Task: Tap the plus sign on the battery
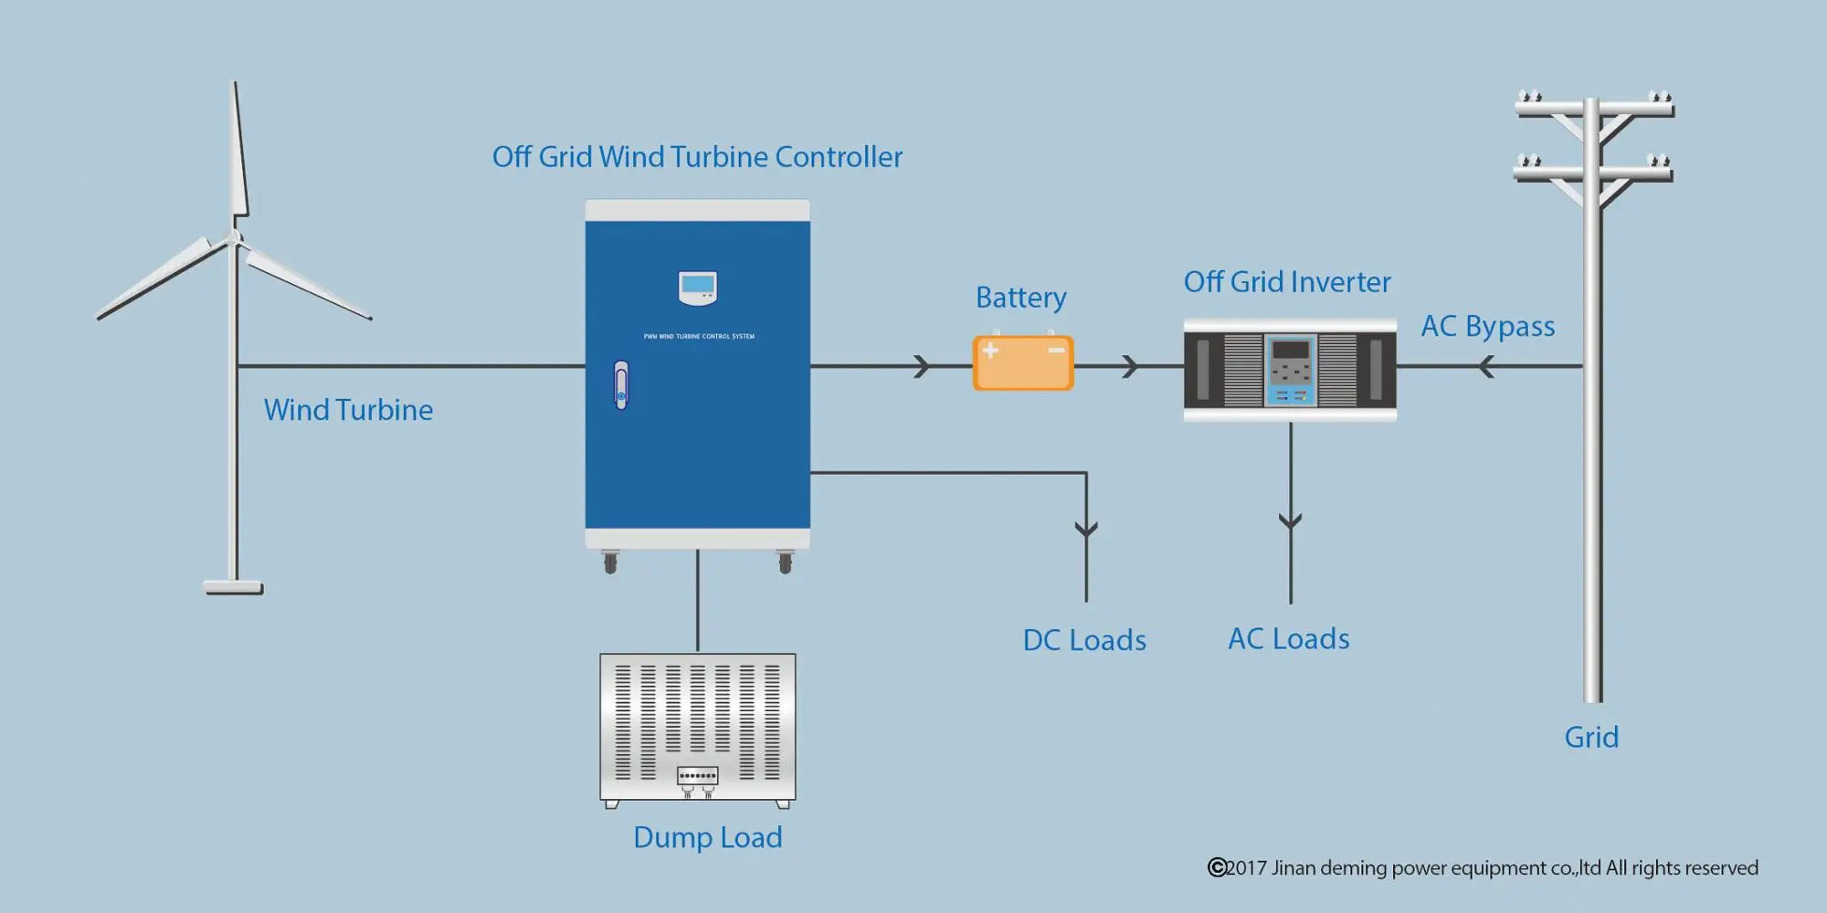[x=990, y=351]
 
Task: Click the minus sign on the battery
[x=1056, y=351]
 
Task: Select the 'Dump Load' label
[x=708, y=837]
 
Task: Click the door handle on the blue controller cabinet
[x=621, y=385]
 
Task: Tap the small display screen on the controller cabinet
[x=698, y=286]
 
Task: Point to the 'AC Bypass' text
[x=1487, y=326]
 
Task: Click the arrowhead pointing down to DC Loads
[x=1086, y=529]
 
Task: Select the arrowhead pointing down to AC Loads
[x=1290, y=521]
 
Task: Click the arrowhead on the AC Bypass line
[x=1485, y=367]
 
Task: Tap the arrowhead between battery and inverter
[x=1131, y=367]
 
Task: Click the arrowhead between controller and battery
[x=923, y=367]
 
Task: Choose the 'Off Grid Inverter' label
[x=1287, y=282]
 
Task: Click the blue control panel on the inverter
[x=1290, y=370]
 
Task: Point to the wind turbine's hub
[x=235, y=239]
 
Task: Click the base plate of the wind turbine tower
[x=234, y=588]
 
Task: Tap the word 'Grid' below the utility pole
[x=1591, y=737]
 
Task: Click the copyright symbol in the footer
[x=1217, y=867]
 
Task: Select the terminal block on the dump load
[x=698, y=776]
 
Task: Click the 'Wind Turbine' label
[x=348, y=410]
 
